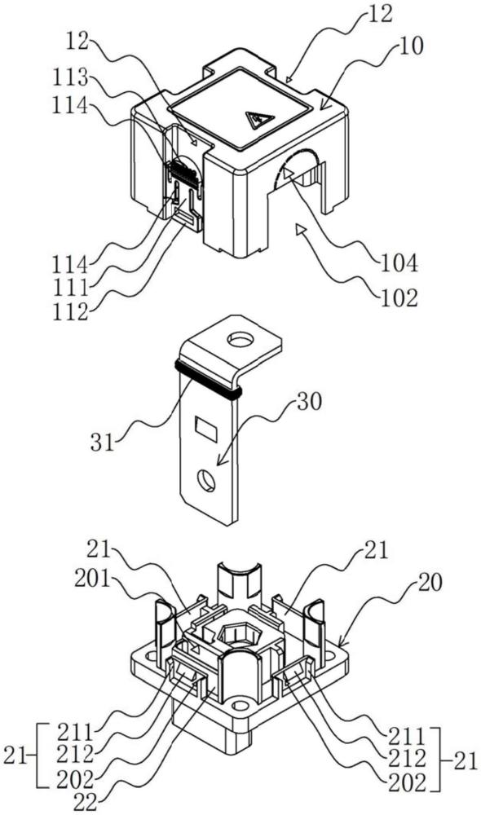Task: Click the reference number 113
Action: tap(68, 79)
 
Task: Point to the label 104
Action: tap(400, 264)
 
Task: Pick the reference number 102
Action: tap(399, 297)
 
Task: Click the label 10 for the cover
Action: tap(413, 46)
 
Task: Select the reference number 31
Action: tap(103, 443)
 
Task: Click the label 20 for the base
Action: tap(430, 584)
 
